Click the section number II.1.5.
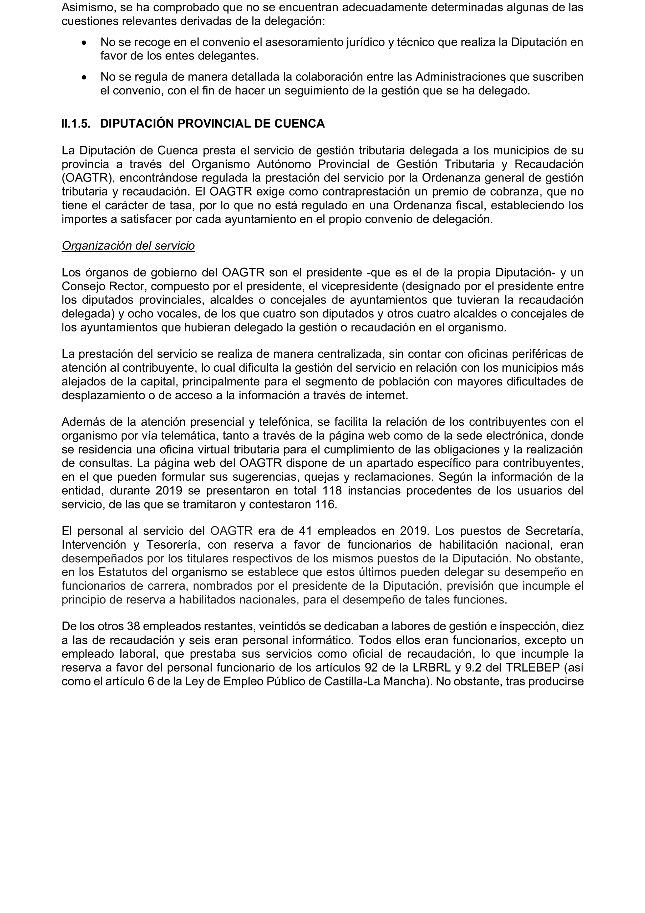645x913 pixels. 76,124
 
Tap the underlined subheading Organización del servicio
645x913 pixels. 128,246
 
